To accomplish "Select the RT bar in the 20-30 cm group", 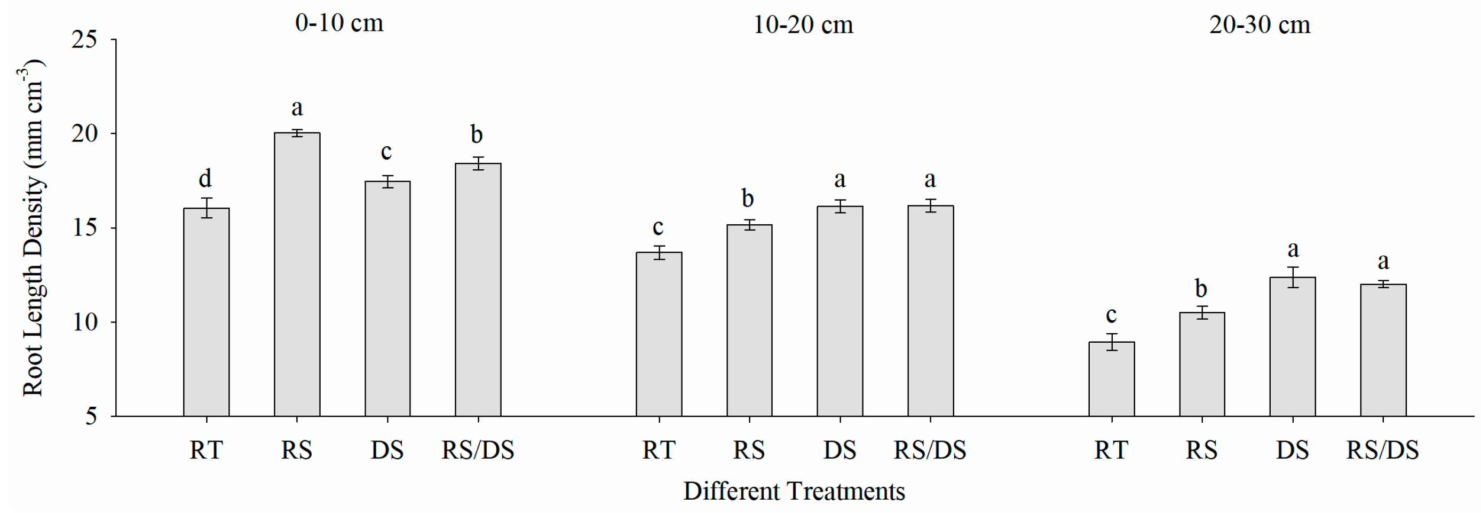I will (1111, 380).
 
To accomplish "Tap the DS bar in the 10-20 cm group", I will (840, 311).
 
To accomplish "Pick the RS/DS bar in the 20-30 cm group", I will (1383, 350).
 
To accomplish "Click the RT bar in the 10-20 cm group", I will (659, 334).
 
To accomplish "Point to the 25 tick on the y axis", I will (84, 40).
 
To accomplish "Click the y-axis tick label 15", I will (84, 228).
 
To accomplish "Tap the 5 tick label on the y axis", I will (91, 416).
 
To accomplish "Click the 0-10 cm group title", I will (339, 23).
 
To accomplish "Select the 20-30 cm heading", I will (1259, 25).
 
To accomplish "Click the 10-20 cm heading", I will (803, 25).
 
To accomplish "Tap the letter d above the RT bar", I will (205, 178).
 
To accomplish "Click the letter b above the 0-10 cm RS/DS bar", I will (477, 135).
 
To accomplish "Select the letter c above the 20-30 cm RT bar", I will (1111, 315).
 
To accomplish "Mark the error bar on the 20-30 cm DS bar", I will (1293, 277).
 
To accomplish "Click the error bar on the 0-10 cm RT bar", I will (206, 208).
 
